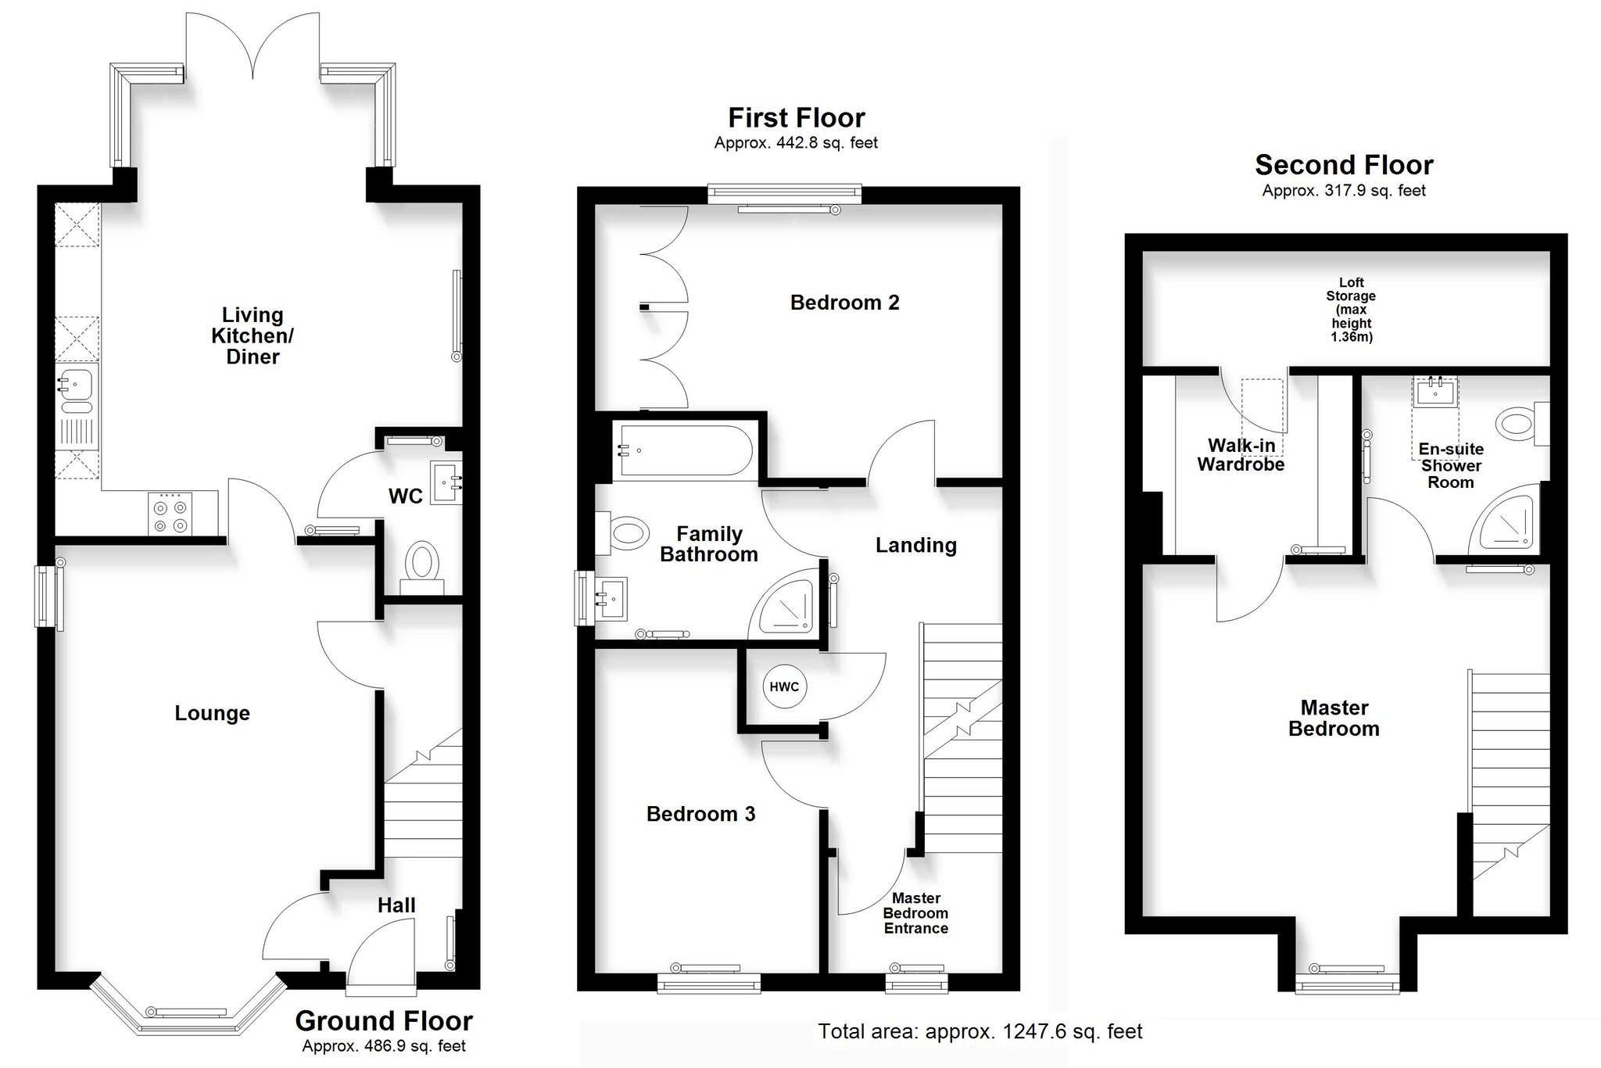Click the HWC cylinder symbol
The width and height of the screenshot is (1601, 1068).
point(784,686)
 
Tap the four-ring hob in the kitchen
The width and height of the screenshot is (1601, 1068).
point(170,514)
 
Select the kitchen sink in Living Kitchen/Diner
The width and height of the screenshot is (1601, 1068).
point(76,391)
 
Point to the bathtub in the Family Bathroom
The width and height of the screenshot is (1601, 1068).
point(685,451)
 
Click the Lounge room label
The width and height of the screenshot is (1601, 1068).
point(212,713)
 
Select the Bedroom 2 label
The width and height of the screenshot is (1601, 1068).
point(844,303)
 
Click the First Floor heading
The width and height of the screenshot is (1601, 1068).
point(797,118)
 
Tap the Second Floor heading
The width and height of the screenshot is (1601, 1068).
point(1344,165)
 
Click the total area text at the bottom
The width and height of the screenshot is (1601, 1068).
point(980,1032)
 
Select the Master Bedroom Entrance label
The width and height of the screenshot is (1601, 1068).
point(916,913)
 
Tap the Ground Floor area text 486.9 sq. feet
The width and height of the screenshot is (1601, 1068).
point(384,1046)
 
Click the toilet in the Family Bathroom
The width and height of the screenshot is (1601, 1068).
point(622,535)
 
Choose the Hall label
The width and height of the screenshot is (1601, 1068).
point(396,905)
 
